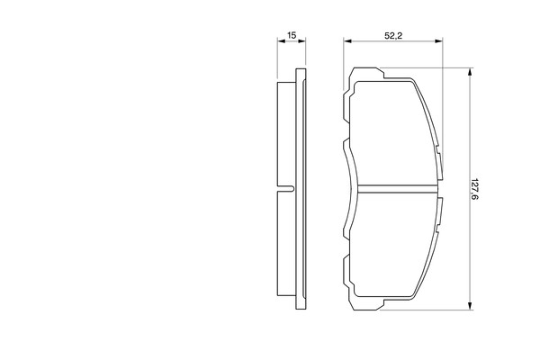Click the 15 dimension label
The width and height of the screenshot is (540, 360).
[292, 35]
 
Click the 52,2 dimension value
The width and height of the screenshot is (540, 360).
[393, 35]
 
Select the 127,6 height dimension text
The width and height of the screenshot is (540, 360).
[475, 189]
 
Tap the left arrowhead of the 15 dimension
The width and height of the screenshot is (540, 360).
[282, 41]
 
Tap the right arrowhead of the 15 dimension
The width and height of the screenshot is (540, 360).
[301, 41]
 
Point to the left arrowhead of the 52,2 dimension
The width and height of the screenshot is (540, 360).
[347, 41]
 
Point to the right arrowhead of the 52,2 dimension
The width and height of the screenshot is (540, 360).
[439, 41]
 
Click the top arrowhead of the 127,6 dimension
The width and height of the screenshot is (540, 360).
[470, 72]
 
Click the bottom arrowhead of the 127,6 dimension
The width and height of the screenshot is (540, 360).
[470, 306]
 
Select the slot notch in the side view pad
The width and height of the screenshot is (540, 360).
[285, 189]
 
